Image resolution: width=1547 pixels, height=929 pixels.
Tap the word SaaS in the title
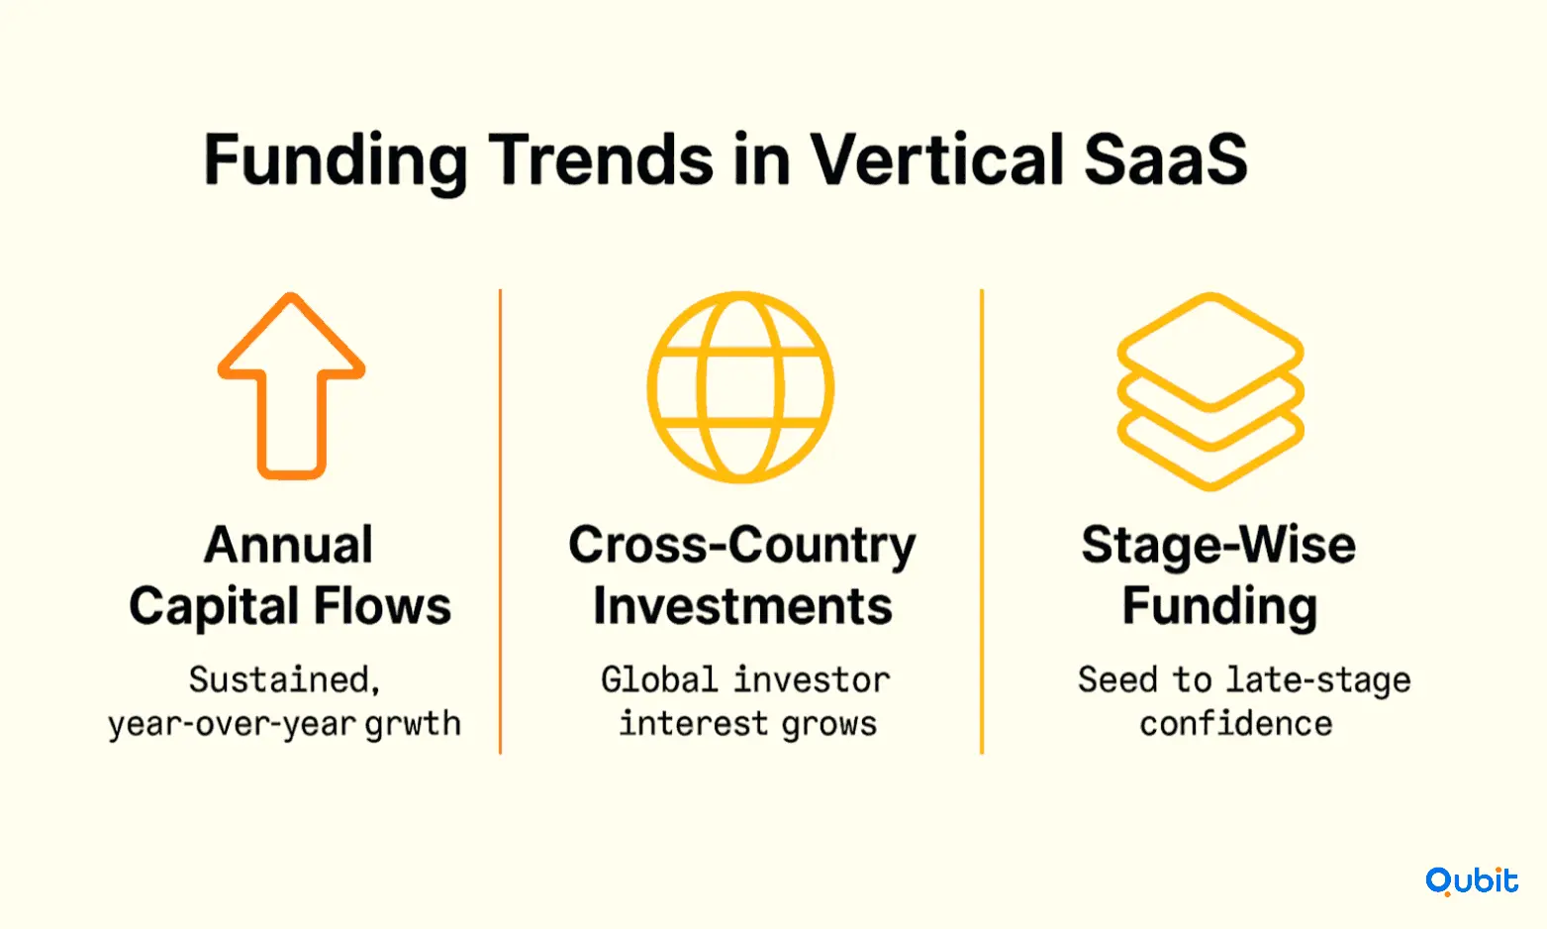click(x=1166, y=160)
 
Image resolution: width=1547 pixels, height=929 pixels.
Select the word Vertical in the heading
click(x=936, y=159)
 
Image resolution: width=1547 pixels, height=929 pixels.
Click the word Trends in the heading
click(x=601, y=159)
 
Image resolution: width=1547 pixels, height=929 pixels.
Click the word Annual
click(x=289, y=545)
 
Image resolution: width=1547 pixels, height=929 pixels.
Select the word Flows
click(x=383, y=606)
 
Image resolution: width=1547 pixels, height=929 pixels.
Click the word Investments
click(x=742, y=606)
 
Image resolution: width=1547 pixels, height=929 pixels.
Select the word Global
click(x=659, y=679)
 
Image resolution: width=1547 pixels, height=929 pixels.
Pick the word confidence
click(x=1236, y=724)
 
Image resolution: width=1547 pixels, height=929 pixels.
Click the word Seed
click(x=1117, y=679)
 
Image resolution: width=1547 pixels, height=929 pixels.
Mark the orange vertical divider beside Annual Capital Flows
click(x=500, y=521)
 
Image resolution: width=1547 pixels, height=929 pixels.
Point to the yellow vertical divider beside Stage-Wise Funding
click(x=982, y=521)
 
